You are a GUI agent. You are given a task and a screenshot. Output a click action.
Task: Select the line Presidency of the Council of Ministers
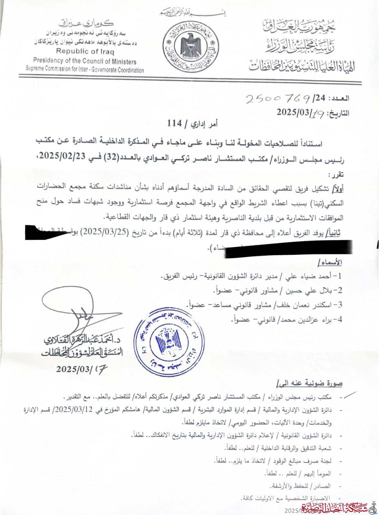click(84, 62)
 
